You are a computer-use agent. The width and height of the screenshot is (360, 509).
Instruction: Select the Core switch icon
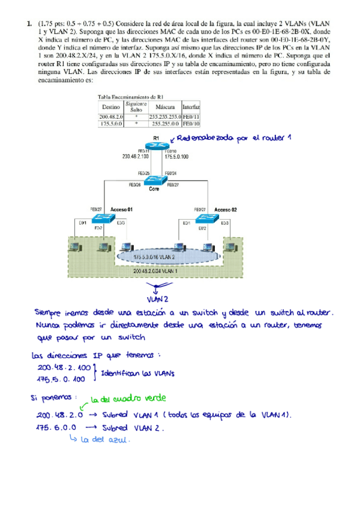[x=158, y=179]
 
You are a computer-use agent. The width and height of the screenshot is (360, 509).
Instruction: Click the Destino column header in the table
[x=112, y=106]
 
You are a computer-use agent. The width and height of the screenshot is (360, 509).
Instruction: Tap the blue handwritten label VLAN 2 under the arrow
[x=158, y=298]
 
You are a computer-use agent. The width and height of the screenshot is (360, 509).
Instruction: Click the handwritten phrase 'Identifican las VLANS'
[x=136, y=373]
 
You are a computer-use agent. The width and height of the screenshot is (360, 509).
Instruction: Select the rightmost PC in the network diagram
[x=232, y=245]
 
